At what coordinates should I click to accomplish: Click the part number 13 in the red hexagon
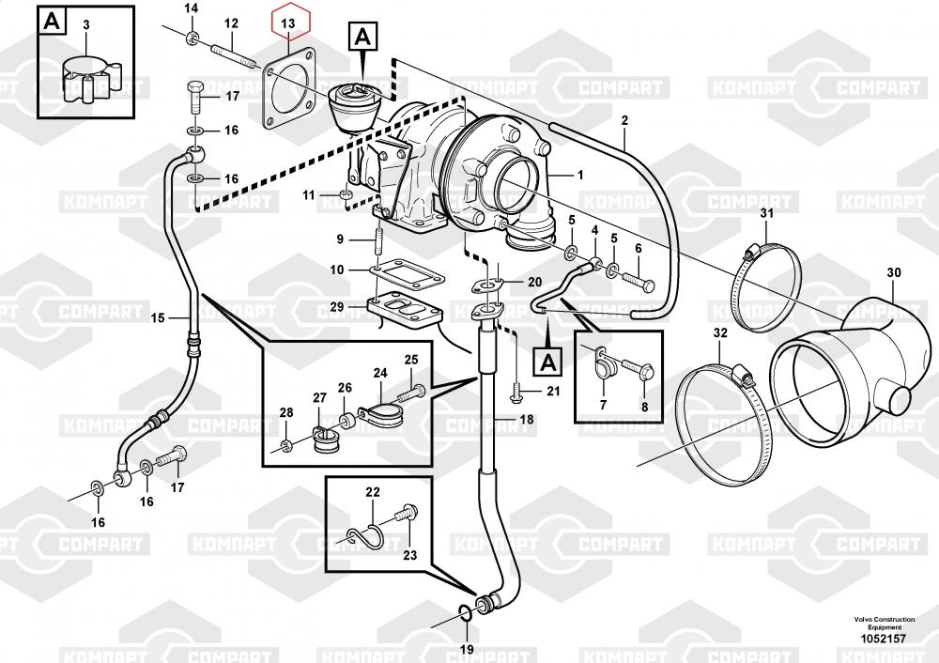(x=289, y=21)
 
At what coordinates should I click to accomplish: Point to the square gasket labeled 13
(x=291, y=92)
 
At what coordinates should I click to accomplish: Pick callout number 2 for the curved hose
(x=623, y=119)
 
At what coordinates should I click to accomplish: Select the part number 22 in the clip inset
(x=373, y=492)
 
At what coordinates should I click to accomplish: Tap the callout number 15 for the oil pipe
(x=158, y=318)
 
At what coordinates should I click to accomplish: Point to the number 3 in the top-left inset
(x=85, y=23)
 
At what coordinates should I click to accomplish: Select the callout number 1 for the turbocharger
(x=579, y=176)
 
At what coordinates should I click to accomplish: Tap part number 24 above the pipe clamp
(x=379, y=372)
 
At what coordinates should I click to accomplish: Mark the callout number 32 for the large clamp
(x=720, y=333)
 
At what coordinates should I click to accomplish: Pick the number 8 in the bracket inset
(x=645, y=407)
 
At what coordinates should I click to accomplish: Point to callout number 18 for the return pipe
(x=526, y=420)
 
